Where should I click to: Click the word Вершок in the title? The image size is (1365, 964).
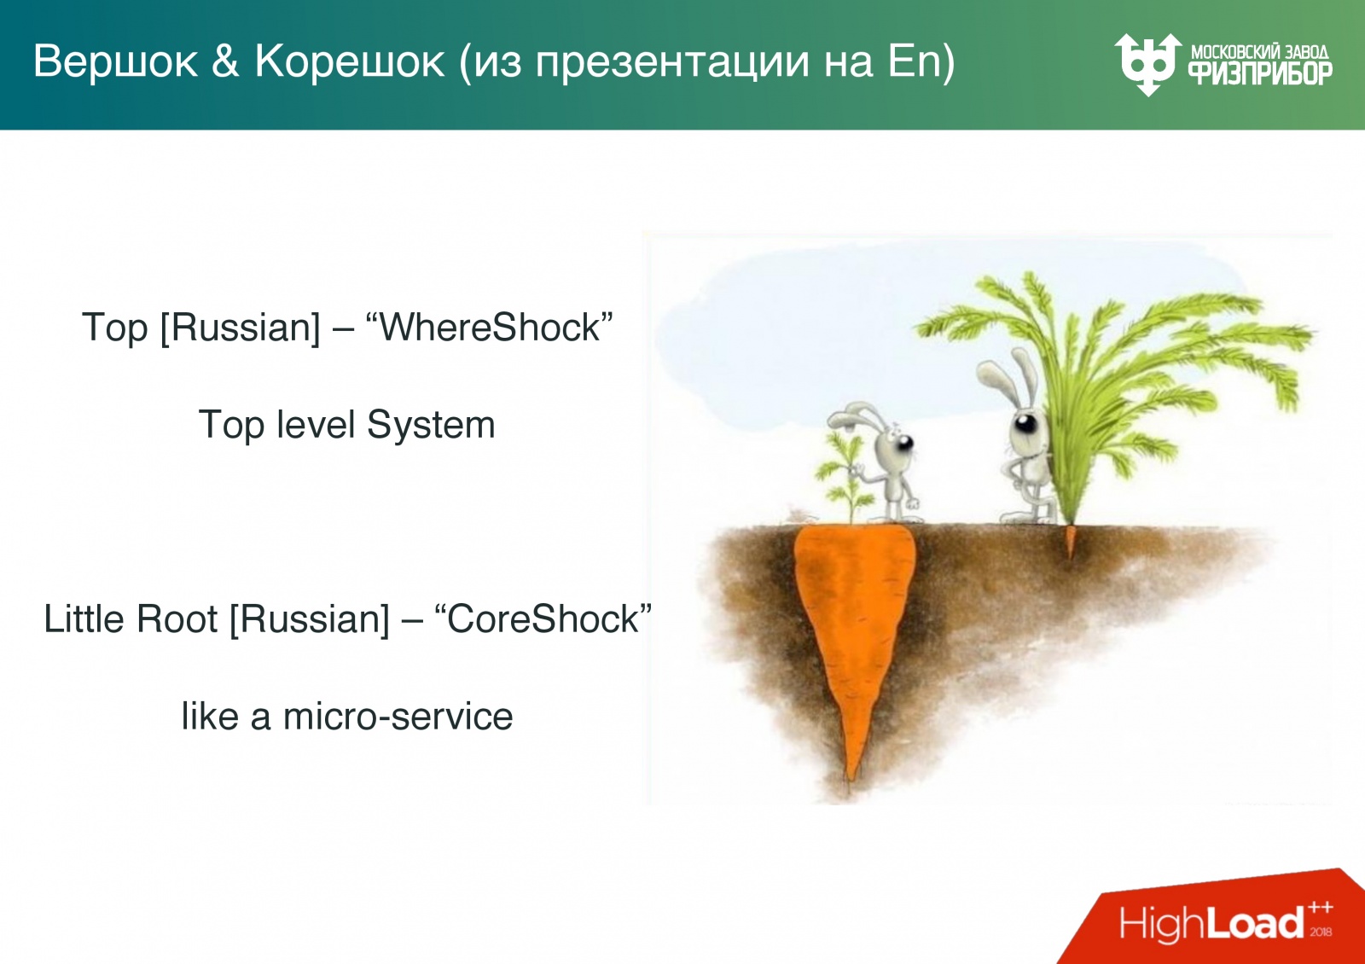coord(115,62)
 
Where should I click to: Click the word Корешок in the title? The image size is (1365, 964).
coord(350,62)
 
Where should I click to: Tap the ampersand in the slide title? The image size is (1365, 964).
coord(226,62)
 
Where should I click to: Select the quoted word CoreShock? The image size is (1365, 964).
coord(543,619)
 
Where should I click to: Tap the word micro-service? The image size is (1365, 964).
coord(398,717)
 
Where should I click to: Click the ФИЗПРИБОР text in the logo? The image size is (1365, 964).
coord(1260,73)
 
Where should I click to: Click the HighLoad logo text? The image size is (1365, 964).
coord(1211,923)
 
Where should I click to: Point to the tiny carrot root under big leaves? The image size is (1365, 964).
coord(1071,543)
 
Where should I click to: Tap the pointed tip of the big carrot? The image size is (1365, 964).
coord(851,772)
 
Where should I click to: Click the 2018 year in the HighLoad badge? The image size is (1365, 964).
coord(1321,932)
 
